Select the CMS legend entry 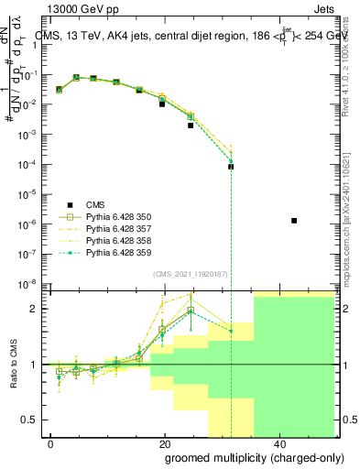click(x=95, y=204)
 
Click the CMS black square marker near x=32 click(x=231, y=167)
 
